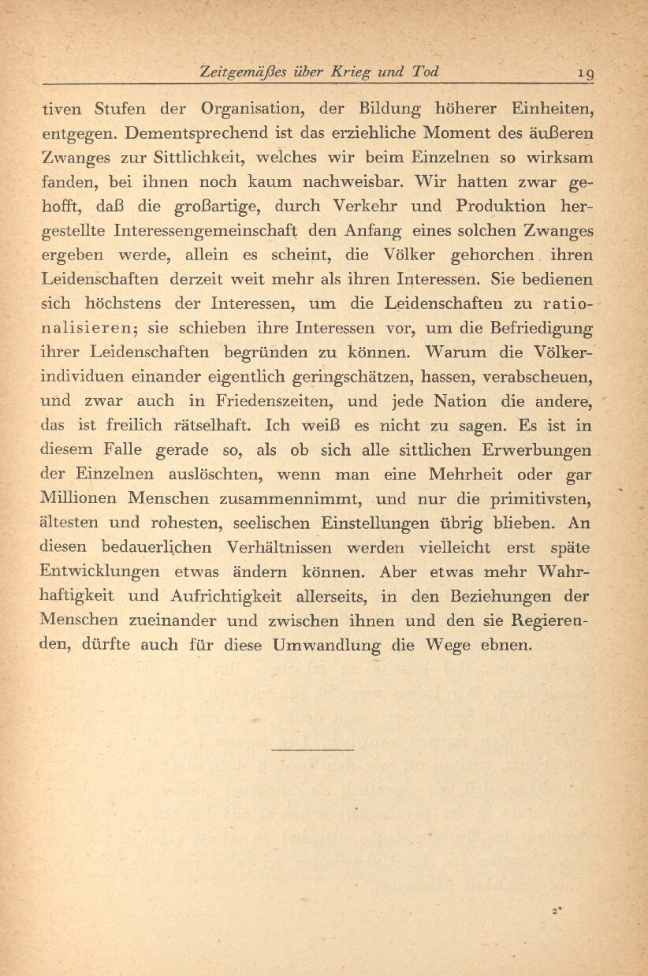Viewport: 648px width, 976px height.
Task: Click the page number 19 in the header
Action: tap(585, 73)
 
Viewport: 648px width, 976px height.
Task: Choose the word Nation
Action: tap(464, 401)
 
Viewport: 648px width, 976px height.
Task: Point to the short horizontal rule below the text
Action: tap(313, 748)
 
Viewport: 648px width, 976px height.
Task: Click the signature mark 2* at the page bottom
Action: tap(556, 911)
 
